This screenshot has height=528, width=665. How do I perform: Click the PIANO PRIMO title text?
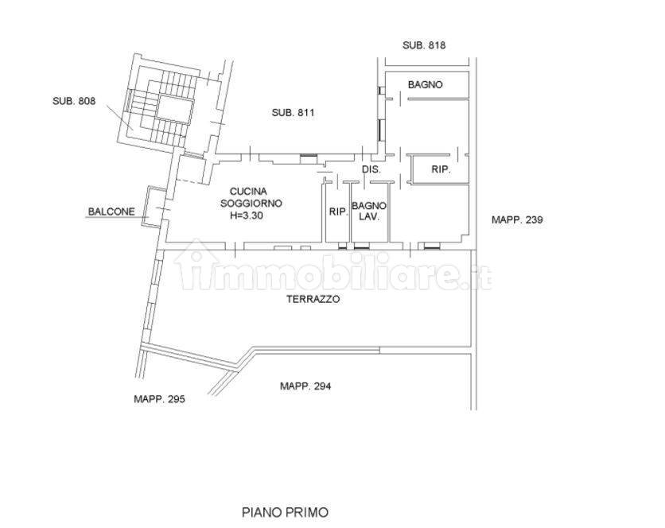click(285, 512)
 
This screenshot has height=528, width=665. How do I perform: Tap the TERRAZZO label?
click(313, 299)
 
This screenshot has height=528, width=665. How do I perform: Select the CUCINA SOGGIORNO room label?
click(251, 197)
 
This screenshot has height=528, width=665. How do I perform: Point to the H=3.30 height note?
click(247, 215)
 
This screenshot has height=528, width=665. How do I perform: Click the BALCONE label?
click(111, 212)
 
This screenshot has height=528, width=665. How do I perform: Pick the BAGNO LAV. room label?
click(369, 212)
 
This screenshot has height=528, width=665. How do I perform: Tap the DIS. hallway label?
click(371, 169)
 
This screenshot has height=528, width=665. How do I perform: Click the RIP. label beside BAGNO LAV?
click(338, 212)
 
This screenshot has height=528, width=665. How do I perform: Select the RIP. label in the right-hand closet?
click(441, 169)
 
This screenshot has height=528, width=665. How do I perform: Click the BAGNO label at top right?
click(425, 85)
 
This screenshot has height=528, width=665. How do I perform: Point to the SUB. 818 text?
click(424, 45)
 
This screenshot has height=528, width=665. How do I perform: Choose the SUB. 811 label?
click(293, 113)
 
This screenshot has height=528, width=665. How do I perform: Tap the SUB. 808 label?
click(74, 101)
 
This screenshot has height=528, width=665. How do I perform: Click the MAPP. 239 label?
click(517, 219)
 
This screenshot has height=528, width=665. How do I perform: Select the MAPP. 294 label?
click(305, 386)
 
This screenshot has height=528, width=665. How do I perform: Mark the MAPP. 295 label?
click(159, 399)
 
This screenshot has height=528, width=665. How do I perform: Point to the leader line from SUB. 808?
click(120, 118)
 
